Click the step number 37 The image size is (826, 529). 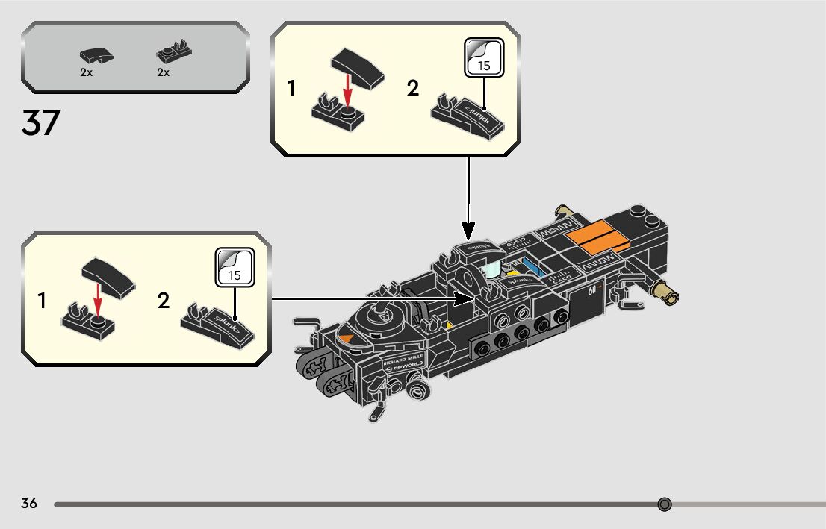point(40,122)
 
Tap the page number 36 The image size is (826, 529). point(29,503)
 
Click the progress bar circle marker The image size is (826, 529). point(665,504)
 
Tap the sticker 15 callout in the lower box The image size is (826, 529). point(235,268)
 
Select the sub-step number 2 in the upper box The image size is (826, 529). point(413,89)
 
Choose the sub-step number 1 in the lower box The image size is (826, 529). point(42,301)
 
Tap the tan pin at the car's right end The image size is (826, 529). point(665,292)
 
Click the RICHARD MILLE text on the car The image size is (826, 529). point(403,360)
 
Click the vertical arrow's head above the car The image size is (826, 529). point(468,227)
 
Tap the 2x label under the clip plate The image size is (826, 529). point(163,72)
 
